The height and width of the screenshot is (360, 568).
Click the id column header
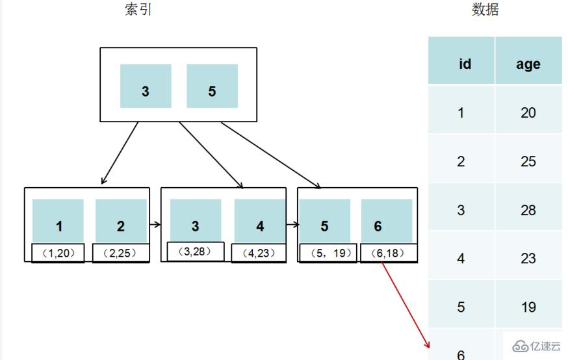click(x=464, y=64)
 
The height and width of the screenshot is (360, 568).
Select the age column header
click(x=528, y=64)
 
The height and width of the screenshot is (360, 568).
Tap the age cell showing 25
click(x=528, y=161)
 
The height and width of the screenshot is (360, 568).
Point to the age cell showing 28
click(x=528, y=210)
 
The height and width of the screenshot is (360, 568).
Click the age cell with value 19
click(x=528, y=307)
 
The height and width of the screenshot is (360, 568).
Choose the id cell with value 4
click(x=461, y=259)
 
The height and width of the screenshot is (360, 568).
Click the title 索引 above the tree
click(x=138, y=10)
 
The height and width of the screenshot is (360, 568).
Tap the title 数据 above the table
click(x=485, y=10)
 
